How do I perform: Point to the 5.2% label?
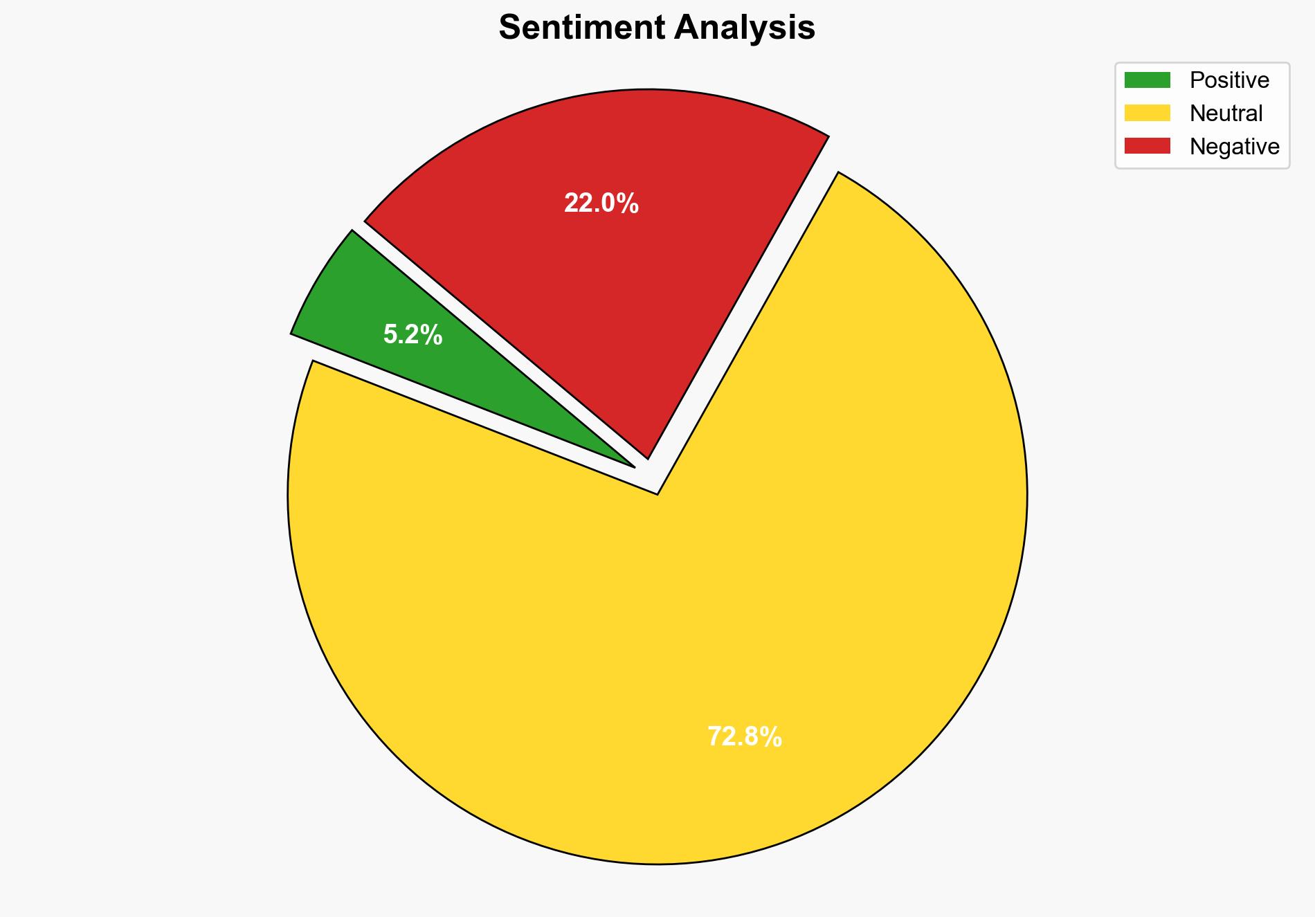click(x=413, y=335)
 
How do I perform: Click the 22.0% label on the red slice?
click(x=601, y=203)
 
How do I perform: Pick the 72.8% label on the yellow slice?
click(x=744, y=737)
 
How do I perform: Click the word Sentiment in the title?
click(x=581, y=28)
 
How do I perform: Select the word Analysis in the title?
click(x=745, y=28)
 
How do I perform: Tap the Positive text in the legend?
click(x=1229, y=80)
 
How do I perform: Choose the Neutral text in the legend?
click(x=1226, y=114)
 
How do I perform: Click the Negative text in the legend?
click(x=1234, y=147)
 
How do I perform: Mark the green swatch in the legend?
click(x=1147, y=80)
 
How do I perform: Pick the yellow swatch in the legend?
click(x=1147, y=113)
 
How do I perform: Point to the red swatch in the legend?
click(x=1147, y=146)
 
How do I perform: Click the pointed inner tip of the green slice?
click(x=631, y=465)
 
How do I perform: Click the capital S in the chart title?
click(x=509, y=28)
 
